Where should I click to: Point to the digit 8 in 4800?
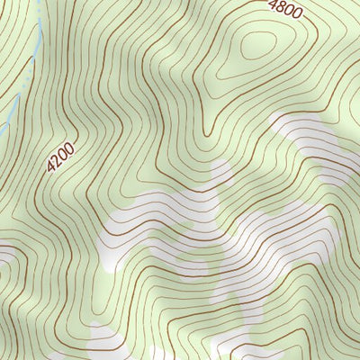pos(281,9)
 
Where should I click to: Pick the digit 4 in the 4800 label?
pos(274,6)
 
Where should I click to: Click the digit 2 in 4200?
pos(56,163)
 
